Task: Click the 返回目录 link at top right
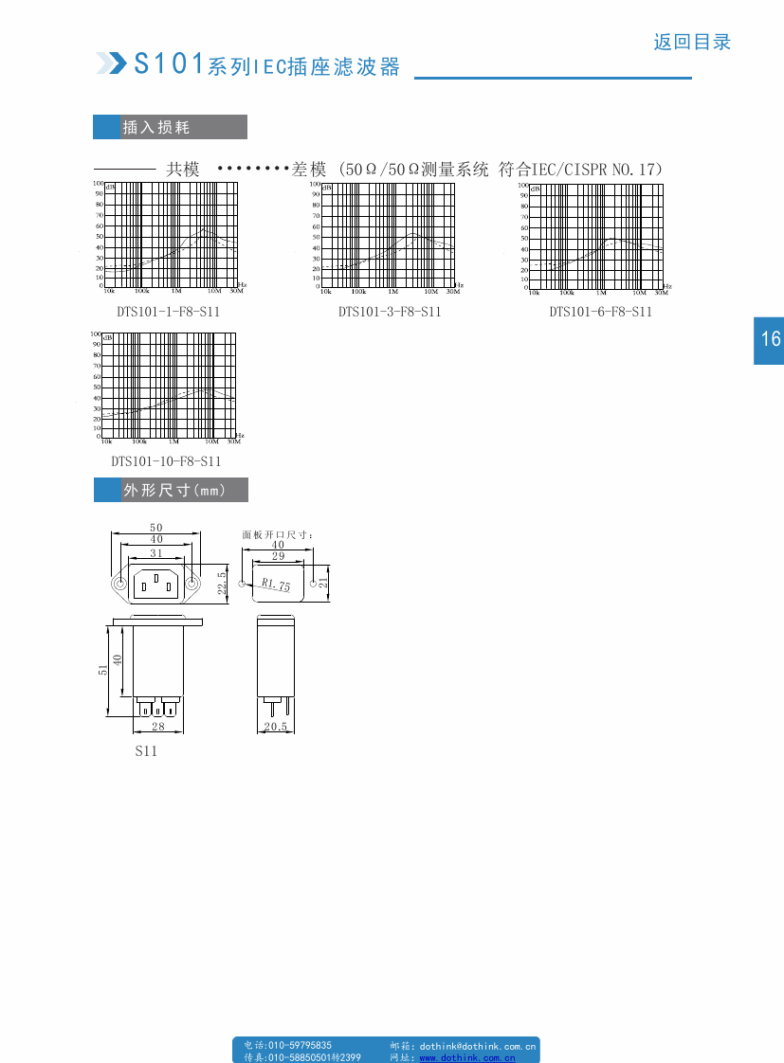[x=692, y=42]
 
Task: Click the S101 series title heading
[x=266, y=64]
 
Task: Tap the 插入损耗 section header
[x=170, y=127]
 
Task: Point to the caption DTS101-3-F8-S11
[x=390, y=312]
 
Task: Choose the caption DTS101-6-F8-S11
[x=600, y=312]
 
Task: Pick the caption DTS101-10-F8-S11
[x=166, y=461]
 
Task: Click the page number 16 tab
[x=770, y=339]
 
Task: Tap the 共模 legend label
[x=183, y=169]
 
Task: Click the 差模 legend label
[x=309, y=169]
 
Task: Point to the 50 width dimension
[x=156, y=528]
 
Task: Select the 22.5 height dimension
[x=222, y=583]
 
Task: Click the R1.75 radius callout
[x=276, y=586]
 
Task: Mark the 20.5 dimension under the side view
[x=276, y=727]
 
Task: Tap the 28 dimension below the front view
[x=158, y=727]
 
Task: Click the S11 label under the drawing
[x=146, y=750]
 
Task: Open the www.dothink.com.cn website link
[x=467, y=1057]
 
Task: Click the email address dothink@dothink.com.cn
[x=477, y=1046]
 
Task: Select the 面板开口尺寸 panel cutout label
[x=277, y=534]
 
